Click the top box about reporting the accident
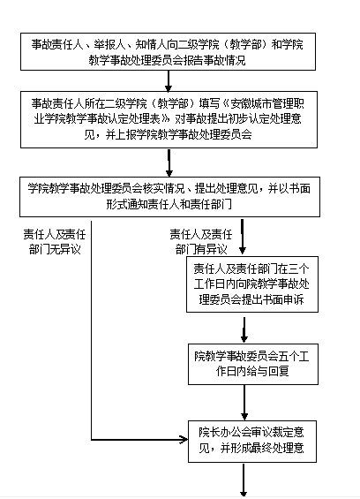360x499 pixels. point(168,51)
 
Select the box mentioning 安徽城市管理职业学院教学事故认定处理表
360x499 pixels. point(169,119)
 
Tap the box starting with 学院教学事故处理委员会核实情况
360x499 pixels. point(169,197)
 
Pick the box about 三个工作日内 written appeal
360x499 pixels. point(252,284)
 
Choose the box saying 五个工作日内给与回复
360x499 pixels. point(253,364)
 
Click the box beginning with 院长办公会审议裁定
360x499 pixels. point(252,442)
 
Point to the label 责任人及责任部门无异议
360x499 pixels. point(55,242)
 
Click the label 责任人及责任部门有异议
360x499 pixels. point(201,242)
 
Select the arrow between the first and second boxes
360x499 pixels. point(169,81)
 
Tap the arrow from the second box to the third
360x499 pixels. point(169,163)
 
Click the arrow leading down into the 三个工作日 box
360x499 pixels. point(243,237)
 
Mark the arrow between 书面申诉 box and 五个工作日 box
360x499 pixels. point(244,329)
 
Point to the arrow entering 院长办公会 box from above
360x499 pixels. point(244,403)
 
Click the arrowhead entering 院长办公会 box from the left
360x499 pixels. point(184,440)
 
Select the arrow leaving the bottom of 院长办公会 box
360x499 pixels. point(244,480)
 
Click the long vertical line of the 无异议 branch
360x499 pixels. point(91,330)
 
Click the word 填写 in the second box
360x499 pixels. point(209,103)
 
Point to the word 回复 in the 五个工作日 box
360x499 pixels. point(279,371)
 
